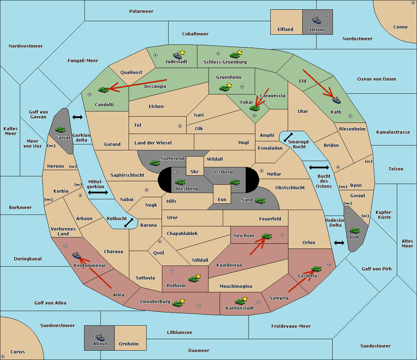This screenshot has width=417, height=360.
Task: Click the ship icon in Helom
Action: pyautogui.click(x=317, y=20)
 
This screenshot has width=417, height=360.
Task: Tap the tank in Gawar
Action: pyautogui.click(x=60, y=129)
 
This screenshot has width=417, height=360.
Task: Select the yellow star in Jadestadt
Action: pyautogui.click(x=182, y=52)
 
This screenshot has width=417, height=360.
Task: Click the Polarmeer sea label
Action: pyautogui.click(x=141, y=11)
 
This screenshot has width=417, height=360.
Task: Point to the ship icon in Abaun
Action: pyautogui.click(x=100, y=337)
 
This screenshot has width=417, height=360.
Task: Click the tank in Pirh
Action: pyautogui.click(x=354, y=231)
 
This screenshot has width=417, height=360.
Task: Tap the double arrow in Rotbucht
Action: pyautogui.click(x=129, y=223)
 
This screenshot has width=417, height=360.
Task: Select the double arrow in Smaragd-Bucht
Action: pyautogui.click(x=288, y=137)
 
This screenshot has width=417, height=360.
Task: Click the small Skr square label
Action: pyautogui.click(x=194, y=171)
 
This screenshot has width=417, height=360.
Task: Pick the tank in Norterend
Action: pyautogui.click(x=155, y=163)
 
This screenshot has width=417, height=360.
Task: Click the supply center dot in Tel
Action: pyautogui.click(x=180, y=126)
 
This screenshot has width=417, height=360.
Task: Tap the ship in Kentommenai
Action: pyautogui.click(x=76, y=255)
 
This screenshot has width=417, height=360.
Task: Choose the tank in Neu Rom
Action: pyautogui.click(x=267, y=236)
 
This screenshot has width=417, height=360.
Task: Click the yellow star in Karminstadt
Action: pyautogui.click(x=245, y=299)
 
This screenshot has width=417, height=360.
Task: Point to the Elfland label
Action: pyautogui.click(x=285, y=30)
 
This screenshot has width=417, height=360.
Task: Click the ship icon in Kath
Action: pyautogui.click(x=336, y=100)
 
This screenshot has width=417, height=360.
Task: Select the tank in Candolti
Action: pyautogui.click(x=104, y=90)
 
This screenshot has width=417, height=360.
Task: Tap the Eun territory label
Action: pyautogui.click(x=222, y=199)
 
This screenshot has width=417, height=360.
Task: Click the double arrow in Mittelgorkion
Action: pyautogui.click(x=98, y=192)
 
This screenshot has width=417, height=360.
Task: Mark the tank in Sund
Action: pyautogui.click(x=260, y=201)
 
